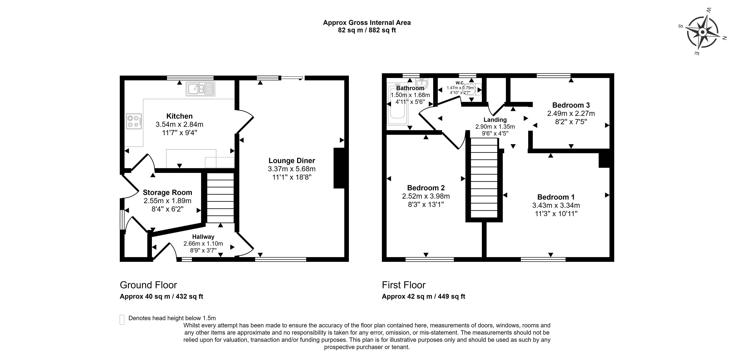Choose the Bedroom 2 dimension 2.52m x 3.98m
(426, 196)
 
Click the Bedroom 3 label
(571, 105)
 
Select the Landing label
(495, 120)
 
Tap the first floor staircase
(484, 178)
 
